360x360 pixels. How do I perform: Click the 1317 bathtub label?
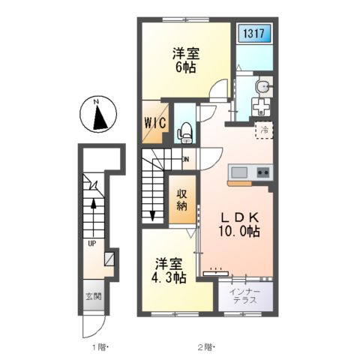(x=253, y=33)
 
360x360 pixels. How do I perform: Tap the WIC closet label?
(x=155, y=123)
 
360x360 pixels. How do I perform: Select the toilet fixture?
(x=184, y=133)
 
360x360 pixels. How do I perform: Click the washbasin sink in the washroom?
(x=262, y=87)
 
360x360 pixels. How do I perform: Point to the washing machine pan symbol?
(x=261, y=106)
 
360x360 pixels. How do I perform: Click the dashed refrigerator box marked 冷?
(x=264, y=130)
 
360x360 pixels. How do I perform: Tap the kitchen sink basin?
(x=239, y=172)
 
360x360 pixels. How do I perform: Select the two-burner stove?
(x=263, y=172)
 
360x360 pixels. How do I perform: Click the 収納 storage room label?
(x=181, y=199)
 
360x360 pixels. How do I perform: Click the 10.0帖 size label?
(x=239, y=231)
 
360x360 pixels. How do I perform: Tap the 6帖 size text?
(x=185, y=67)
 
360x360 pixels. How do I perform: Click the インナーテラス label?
(x=245, y=295)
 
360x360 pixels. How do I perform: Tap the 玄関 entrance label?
(x=94, y=296)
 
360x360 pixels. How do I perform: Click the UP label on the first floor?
(x=92, y=243)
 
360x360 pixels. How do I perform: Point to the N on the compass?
(x=95, y=102)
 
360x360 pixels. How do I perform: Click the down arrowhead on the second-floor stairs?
(x=152, y=216)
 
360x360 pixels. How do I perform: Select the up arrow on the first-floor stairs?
(x=93, y=217)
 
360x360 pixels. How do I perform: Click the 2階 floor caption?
(x=206, y=347)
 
